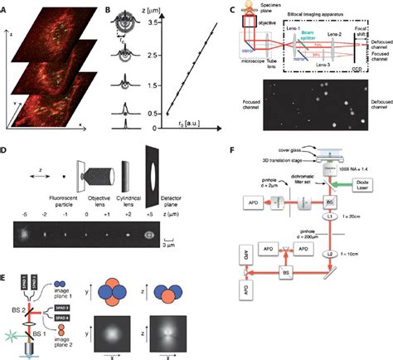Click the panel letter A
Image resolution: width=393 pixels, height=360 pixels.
pos(6,6)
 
